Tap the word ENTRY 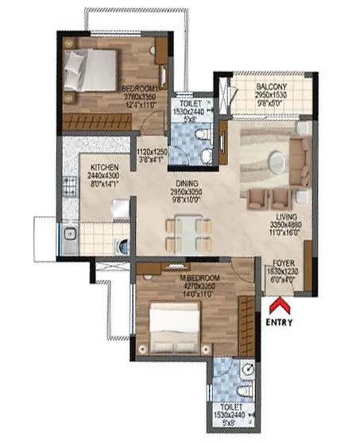pos(279,322)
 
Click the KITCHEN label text pos(105,168)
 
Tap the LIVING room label pos(287,214)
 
